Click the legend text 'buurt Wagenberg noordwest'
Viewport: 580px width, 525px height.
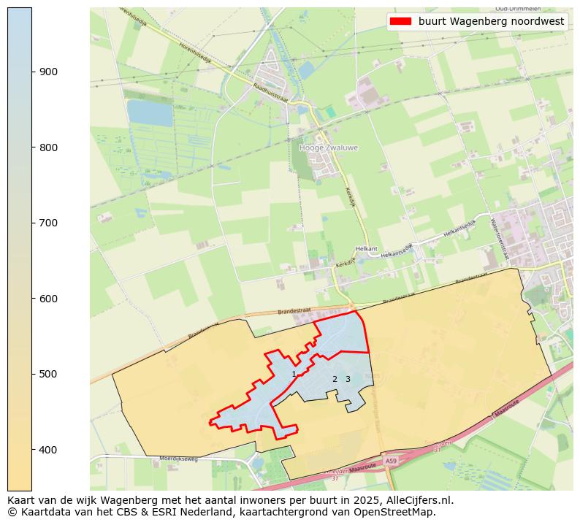[491, 21]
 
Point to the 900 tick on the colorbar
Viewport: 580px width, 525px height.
[32, 72]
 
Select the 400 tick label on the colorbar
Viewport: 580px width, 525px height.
[48, 450]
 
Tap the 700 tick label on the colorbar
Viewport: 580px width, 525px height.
[48, 223]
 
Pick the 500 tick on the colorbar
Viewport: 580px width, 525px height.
[32, 374]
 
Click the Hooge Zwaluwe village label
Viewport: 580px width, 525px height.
[329, 147]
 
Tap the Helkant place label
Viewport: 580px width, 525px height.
[365, 249]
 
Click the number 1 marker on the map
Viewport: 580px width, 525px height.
[294, 374]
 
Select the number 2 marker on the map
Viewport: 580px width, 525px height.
[335, 379]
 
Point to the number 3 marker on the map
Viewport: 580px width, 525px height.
[348, 379]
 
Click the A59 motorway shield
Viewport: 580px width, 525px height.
[391, 461]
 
